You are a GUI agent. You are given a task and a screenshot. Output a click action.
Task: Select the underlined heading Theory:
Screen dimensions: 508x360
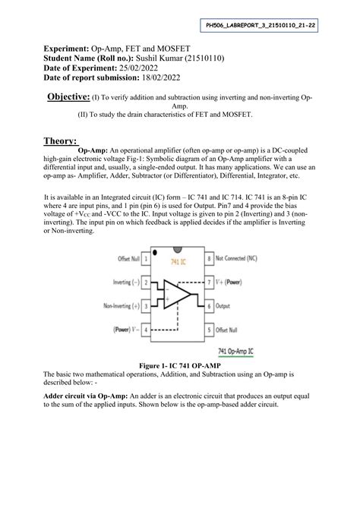coord(60,141)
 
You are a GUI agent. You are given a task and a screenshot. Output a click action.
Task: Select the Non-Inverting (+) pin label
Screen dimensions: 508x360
coord(112,307)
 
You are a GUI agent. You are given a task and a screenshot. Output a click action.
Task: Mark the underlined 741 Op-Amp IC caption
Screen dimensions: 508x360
coord(242,352)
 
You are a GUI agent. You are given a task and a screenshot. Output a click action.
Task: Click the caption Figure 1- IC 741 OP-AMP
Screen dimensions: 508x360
coord(179,365)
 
